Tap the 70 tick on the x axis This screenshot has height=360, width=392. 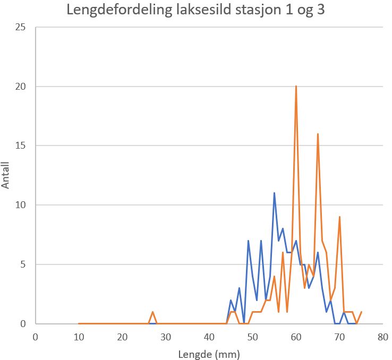click(339, 337)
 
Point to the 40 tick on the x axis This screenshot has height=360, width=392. click(209, 337)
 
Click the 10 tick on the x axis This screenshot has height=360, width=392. click(79, 337)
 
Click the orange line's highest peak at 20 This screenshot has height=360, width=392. click(296, 87)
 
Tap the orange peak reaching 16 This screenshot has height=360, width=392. click(318, 134)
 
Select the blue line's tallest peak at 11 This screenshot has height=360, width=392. click(274, 193)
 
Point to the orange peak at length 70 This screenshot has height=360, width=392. click(339, 217)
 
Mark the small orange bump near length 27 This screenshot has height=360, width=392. click(152, 312)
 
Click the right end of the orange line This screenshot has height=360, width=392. click(361, 312)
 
